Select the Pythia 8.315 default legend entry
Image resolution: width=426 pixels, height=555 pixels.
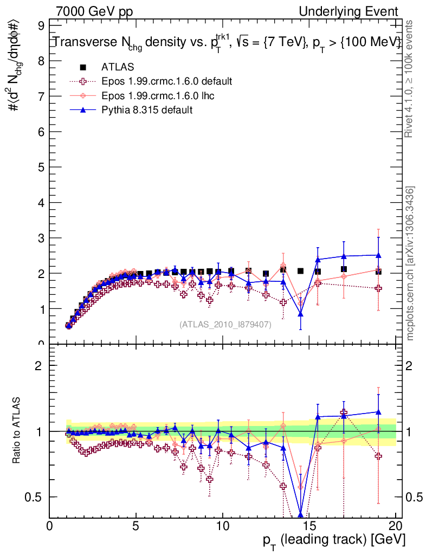point(147,110)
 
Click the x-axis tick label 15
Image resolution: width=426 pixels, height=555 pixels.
point(309,526)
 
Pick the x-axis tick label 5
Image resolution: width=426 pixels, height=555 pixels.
point(136,526)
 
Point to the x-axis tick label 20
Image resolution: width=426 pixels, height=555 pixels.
point(396,526)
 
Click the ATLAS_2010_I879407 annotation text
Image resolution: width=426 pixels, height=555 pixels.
point(225,325)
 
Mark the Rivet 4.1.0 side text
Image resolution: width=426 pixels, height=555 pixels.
point(411,79)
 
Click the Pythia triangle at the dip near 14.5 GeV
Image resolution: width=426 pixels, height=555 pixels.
point(300,314)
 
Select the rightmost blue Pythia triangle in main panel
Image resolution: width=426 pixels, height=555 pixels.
point(378,255)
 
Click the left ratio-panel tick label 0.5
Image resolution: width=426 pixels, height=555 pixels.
point(38,497)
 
